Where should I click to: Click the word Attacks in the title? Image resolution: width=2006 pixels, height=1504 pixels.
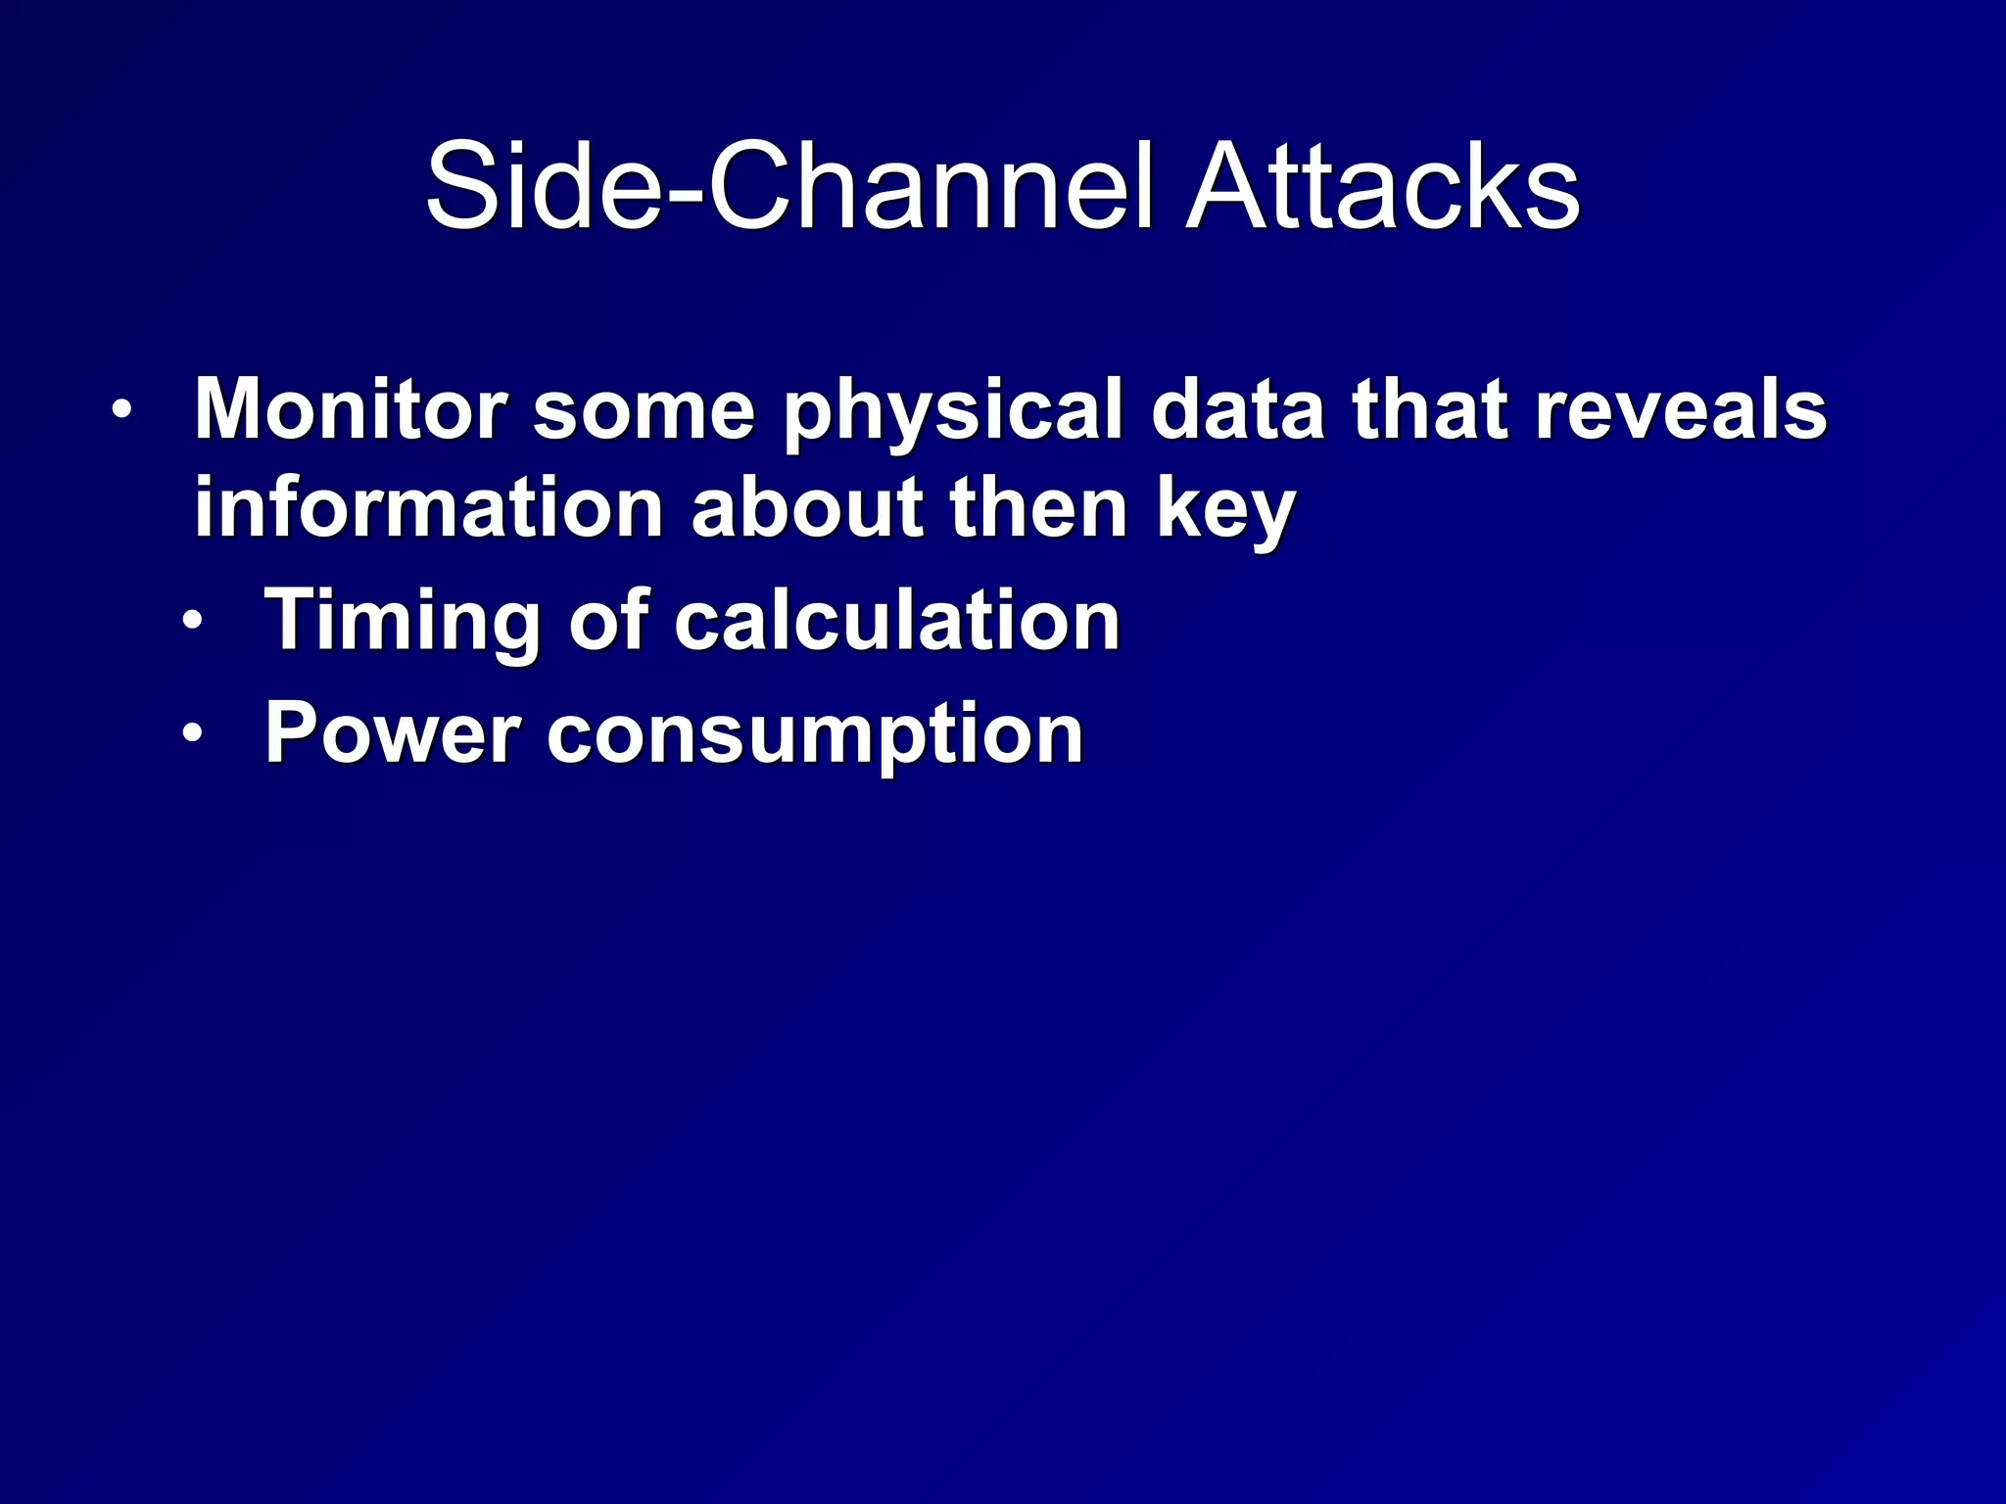click(x=1382, y=186)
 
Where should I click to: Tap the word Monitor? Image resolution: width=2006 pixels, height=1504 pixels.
click(x=351, y=409)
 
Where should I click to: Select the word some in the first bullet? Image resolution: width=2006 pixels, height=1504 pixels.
click(x=644, y=409)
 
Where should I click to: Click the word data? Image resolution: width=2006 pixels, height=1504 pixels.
click(x=1237, y=409)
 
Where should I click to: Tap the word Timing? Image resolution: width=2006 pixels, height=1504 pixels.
click(x=403, y=623)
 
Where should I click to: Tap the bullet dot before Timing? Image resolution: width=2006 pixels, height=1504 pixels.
click(x=194, y=621)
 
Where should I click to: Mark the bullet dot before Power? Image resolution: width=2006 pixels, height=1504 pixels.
click(x=194, y=733)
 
